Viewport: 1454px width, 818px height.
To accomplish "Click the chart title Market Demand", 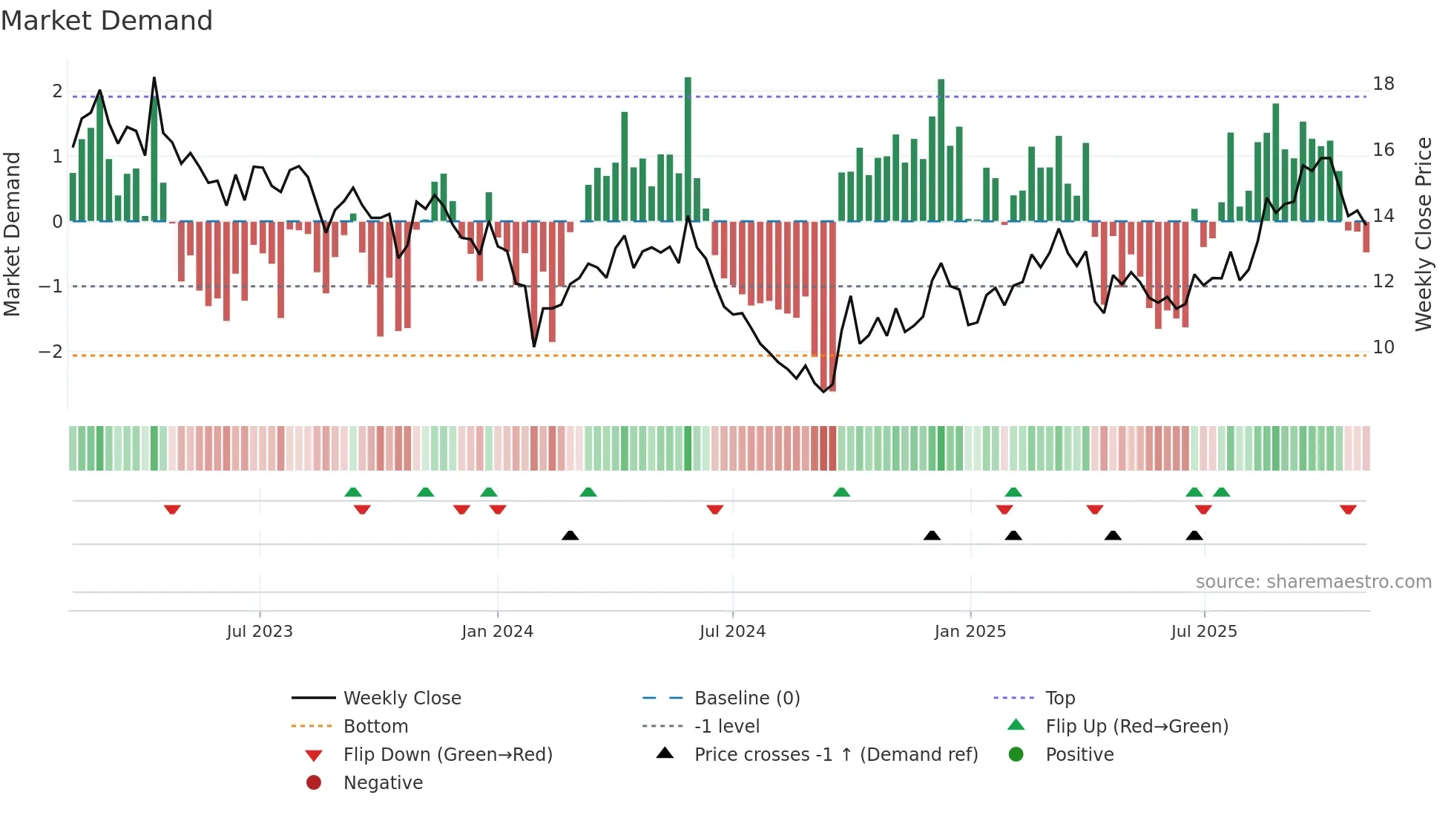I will click(107, 20).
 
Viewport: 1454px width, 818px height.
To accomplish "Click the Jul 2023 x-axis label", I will click(260, 632).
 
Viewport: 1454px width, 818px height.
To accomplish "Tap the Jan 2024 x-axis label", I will click(497, 632).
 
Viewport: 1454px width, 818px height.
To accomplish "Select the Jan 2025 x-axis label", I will click(970, 632).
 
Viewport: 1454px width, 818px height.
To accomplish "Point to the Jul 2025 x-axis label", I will click(1204, 632).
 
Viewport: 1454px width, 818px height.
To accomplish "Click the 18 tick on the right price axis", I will click(1383, 84).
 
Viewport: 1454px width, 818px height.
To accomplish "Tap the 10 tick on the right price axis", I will click(1383, 347).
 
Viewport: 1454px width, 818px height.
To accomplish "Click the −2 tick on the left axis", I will click(50, 351).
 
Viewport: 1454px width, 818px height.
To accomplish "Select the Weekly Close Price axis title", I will click(1423, 234).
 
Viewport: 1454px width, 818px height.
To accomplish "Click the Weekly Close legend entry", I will click(401, 698).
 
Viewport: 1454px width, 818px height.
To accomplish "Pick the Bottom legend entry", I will click(375, 727).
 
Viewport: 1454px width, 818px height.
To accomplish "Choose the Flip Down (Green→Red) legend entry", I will click(447, 755).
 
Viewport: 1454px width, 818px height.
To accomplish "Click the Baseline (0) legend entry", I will click(746, 698).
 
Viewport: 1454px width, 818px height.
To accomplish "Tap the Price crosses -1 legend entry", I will click(835, 755).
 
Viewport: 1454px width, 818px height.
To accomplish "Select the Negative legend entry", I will click(383, 783).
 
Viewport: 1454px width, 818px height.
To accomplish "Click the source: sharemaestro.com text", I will click(1313, 582).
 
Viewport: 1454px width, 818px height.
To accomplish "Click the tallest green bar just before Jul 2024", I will click(688, 148).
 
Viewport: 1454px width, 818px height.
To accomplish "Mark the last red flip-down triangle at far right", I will click(1348, 510).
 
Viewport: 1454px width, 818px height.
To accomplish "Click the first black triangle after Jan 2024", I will click(570, 535).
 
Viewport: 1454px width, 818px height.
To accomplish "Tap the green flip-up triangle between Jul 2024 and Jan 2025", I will click(841, 492).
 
